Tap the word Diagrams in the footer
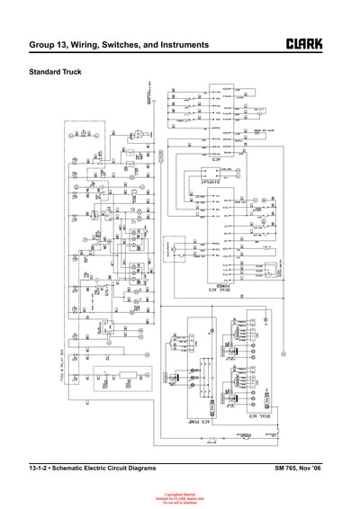[x=140, y=469]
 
